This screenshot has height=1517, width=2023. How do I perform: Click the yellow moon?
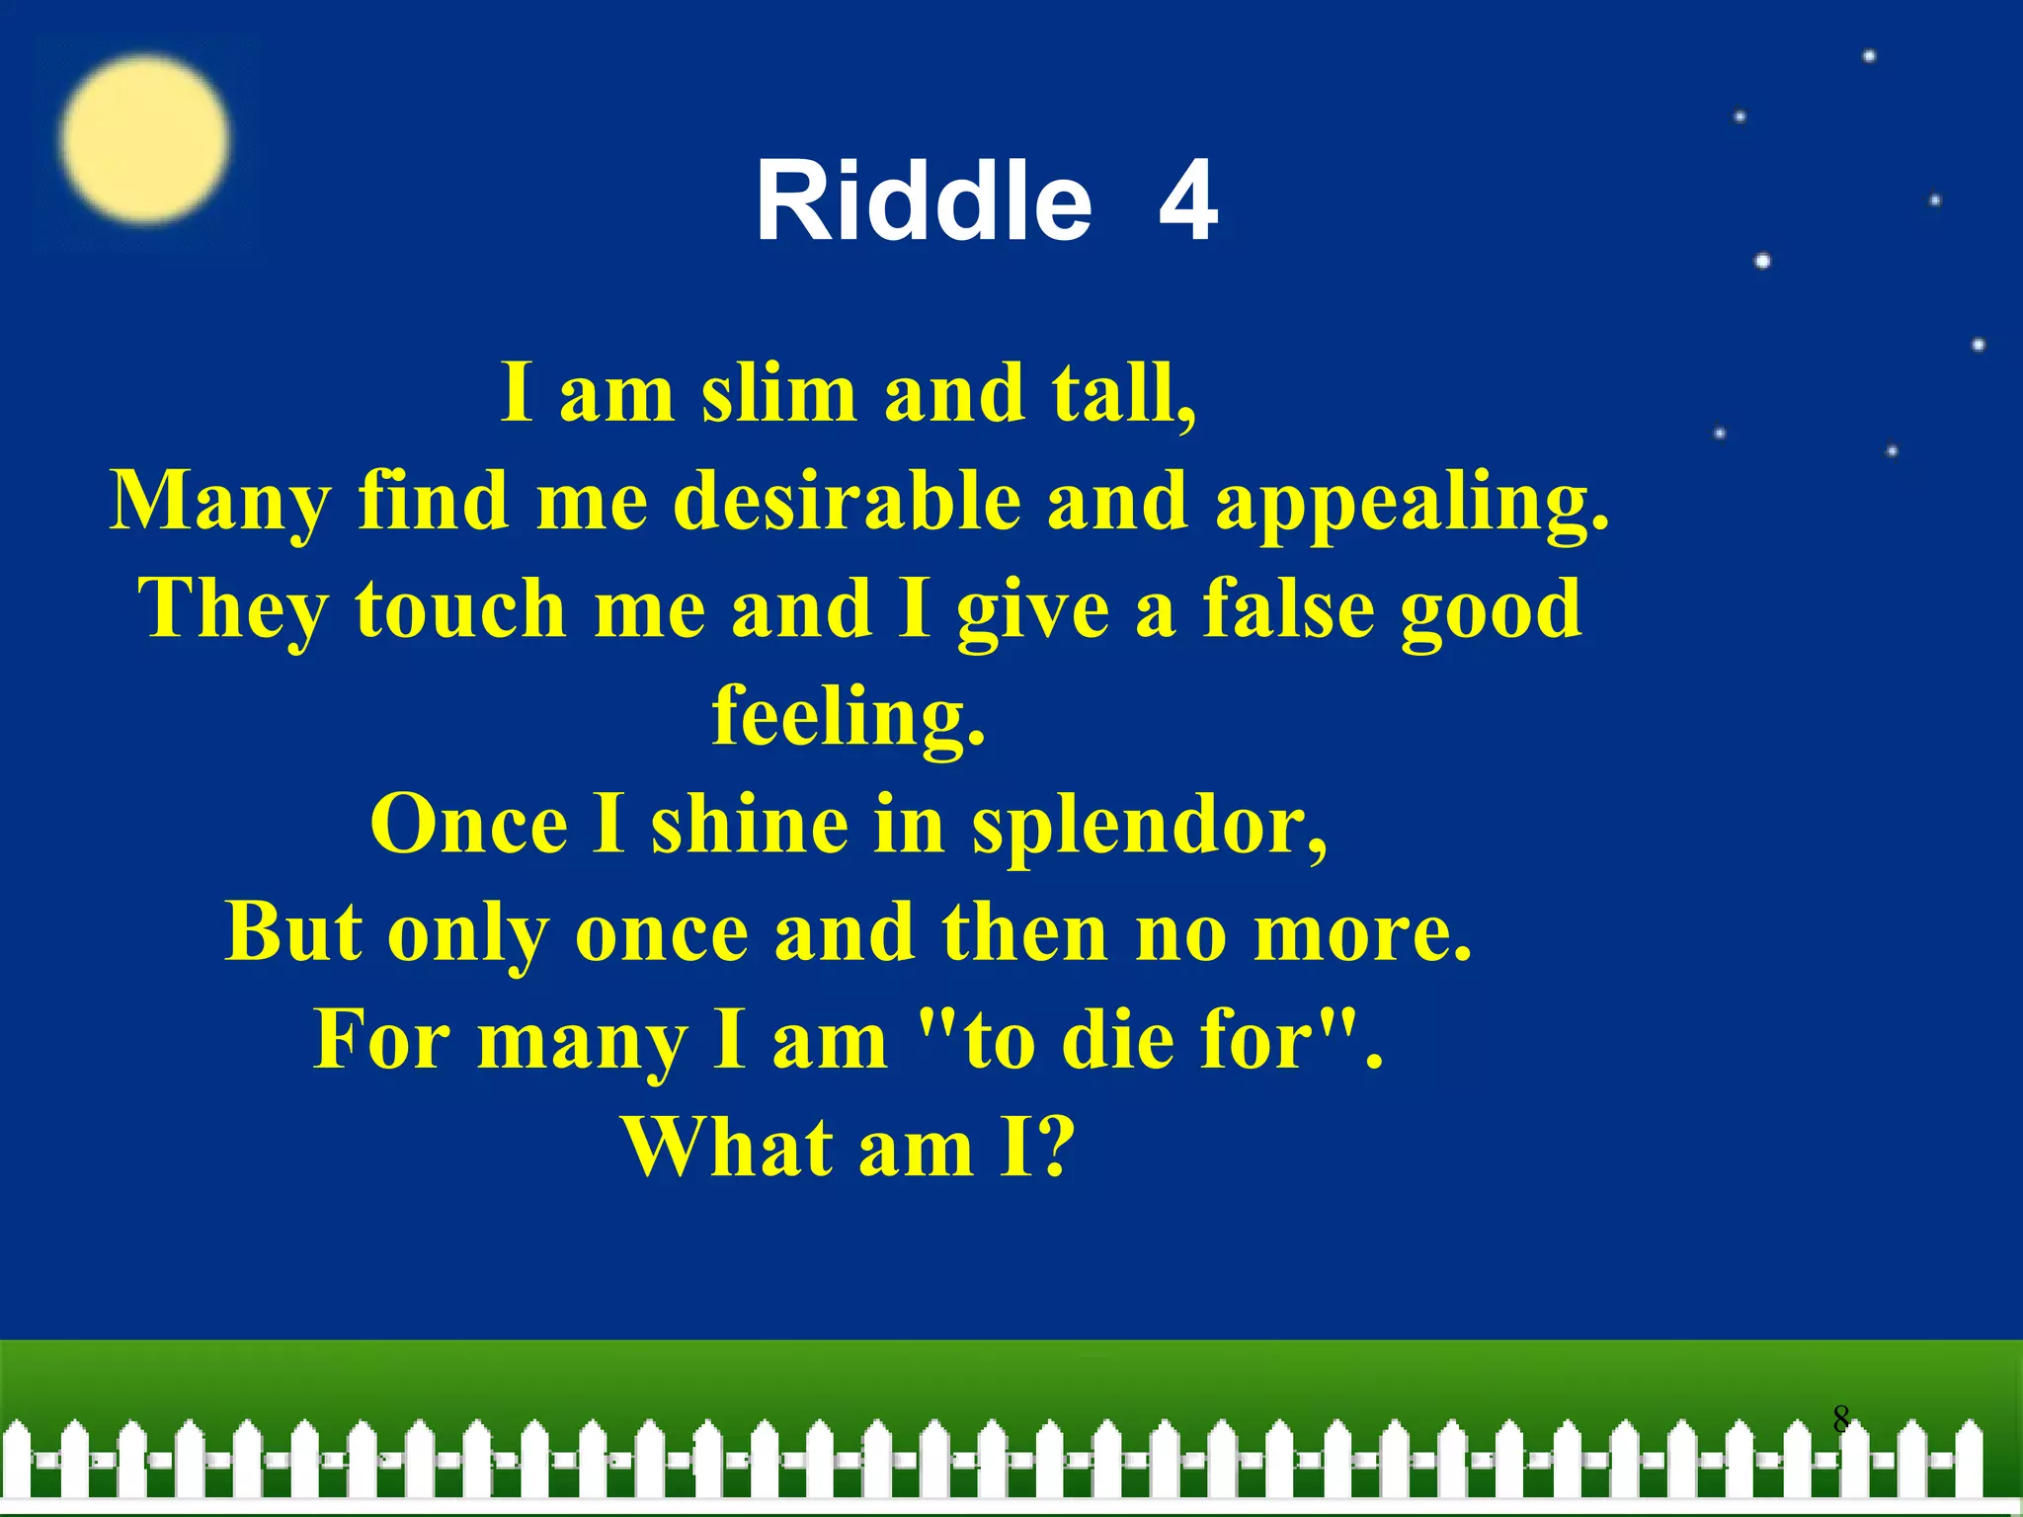(x=144, y=138)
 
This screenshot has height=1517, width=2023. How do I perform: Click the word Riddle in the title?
(x=924, y=201)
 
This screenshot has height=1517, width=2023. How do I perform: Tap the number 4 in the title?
(x=1188, y=201)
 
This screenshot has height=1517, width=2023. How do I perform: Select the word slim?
(x=778, y=393)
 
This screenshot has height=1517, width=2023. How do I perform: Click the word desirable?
(x=847, y=501)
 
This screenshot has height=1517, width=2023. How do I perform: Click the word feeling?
(x=849, y=716)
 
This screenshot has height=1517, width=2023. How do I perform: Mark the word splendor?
(x=1149, y=825)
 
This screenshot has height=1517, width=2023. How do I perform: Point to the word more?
(x=1362, y=932)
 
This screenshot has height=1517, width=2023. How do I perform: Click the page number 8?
(x=1840, y=1419)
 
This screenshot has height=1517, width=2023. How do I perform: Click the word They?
(x=233, y=609)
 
